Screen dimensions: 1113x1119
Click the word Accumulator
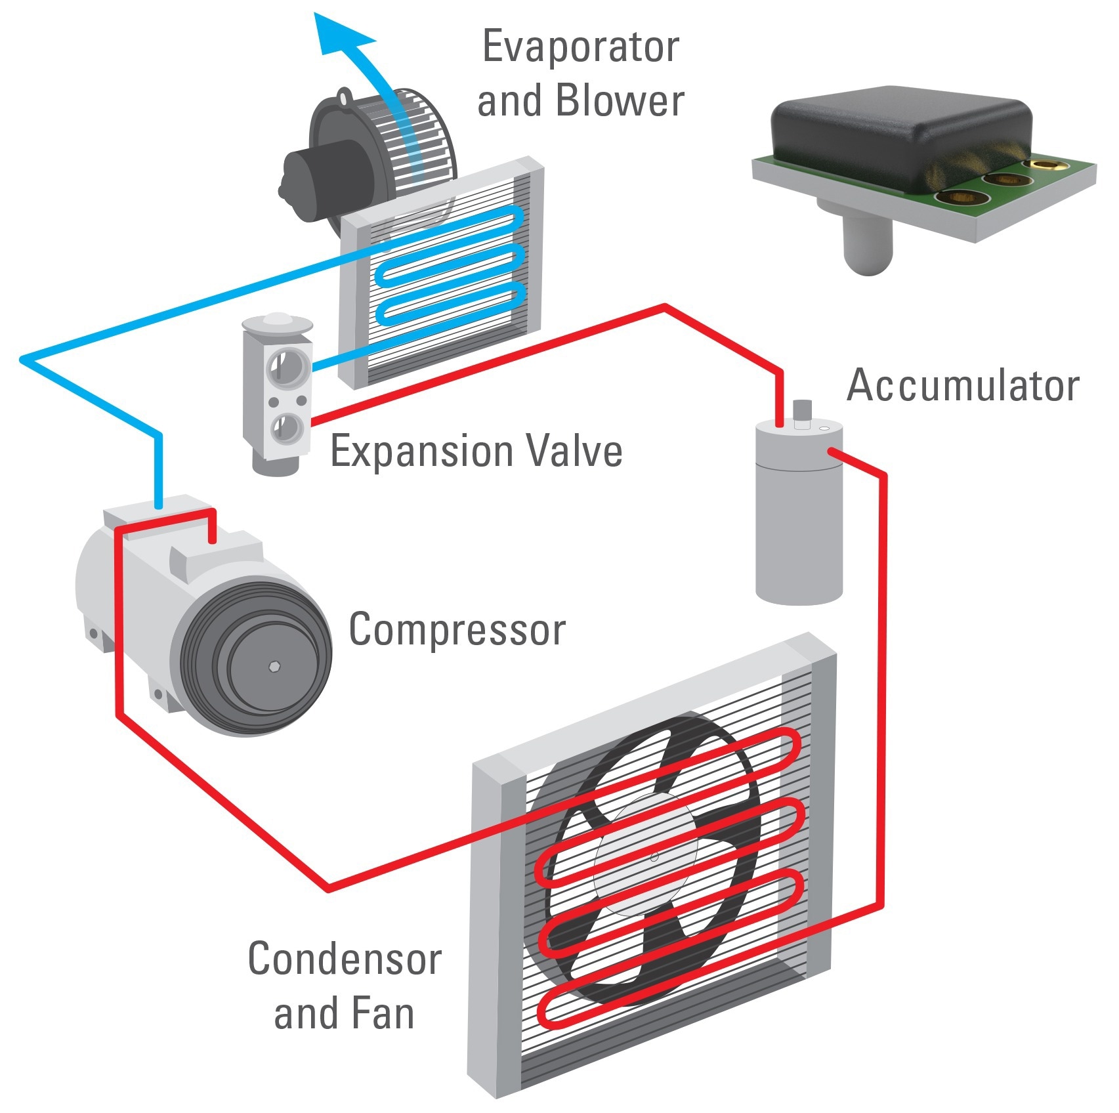point(962,385)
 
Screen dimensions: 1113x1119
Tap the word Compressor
point(457,629)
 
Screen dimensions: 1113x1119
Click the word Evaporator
point(580,47)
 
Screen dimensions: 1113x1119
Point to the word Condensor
point(345,959)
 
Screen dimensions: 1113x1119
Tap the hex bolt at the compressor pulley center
point(274,667)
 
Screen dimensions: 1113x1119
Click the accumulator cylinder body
point(799,525)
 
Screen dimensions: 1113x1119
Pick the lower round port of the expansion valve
point(287,427)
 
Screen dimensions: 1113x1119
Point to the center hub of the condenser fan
point(654,856)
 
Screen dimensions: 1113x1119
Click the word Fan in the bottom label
point(381,1013)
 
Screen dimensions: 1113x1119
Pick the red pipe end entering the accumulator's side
point(832,451)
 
